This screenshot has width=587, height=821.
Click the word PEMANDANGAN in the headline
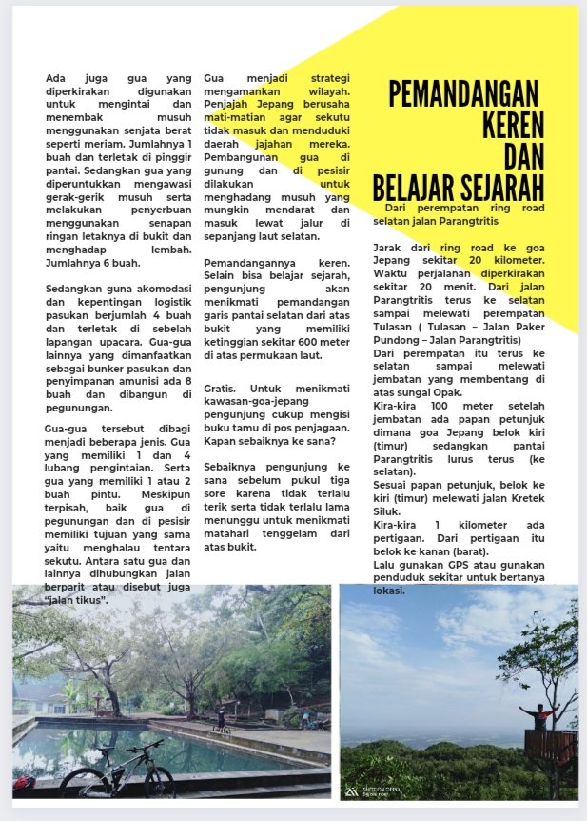click(x=463, y=95)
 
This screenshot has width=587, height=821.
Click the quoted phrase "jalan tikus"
click(x=77, y=601)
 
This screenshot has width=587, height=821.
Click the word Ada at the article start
click(x=56, y=77)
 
